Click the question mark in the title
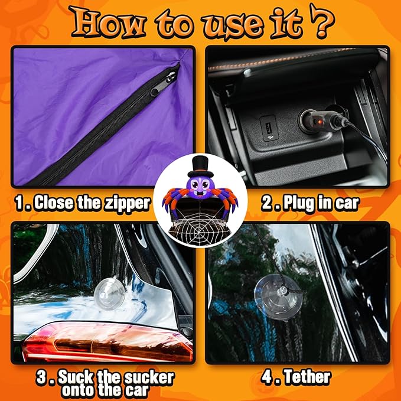pos(322,22)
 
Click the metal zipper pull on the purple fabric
pos(162,83)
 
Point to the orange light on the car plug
pos(320,122)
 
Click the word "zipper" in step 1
pos(128,204)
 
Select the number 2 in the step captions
pos(268,204)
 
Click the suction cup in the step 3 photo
pos(109,294)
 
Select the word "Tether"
pos(308,377)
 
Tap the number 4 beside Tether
pos(268,377)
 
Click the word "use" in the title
pos(233,25)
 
